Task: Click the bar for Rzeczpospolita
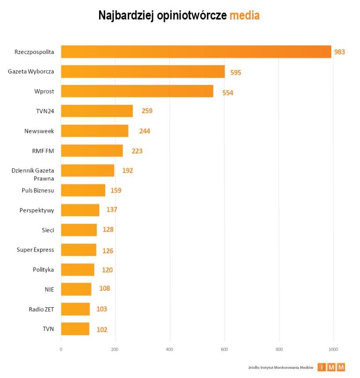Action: coord(196,52)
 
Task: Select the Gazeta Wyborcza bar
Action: coord(143,72)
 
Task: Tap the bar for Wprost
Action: coord(137,91)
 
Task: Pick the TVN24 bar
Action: coord(97,111)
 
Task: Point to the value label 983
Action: coord(339,52)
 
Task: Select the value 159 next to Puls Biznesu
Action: coord(116,190)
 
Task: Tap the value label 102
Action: coord(102,329)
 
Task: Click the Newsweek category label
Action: coord(39,131)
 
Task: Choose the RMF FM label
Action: coord(43,151)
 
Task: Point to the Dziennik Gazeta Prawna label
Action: coord(33,174)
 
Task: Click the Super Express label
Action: coord(35,250)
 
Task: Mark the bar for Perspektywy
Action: coord(80,210)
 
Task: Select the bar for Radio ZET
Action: coord(75,309)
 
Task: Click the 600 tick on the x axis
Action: coord(224,349)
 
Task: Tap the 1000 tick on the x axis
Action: coord(333,349)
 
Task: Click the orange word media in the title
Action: coord(244,15)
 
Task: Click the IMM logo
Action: coord(331,367)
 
